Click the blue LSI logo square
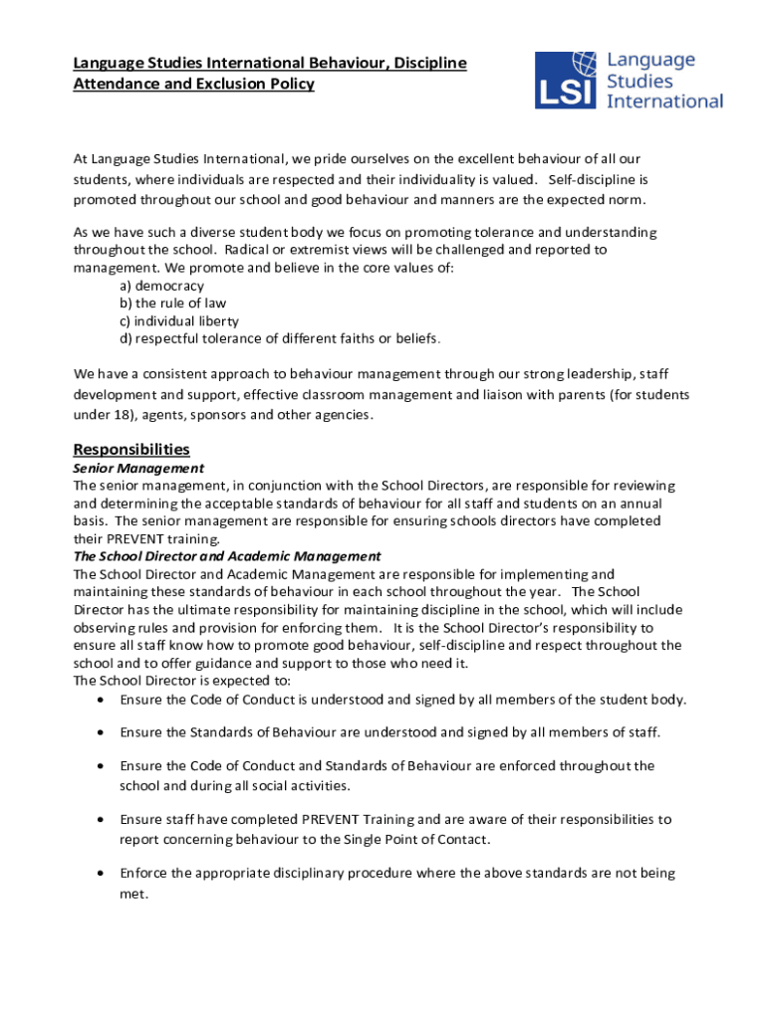[566, 81]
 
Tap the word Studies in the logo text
[639, 81]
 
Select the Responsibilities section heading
[131, 449]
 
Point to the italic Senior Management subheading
[138, 468]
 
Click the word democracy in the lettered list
[169, 286]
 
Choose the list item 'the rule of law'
[180, 304]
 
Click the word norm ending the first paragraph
[626, 199]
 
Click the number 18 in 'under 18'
[124, 414]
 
